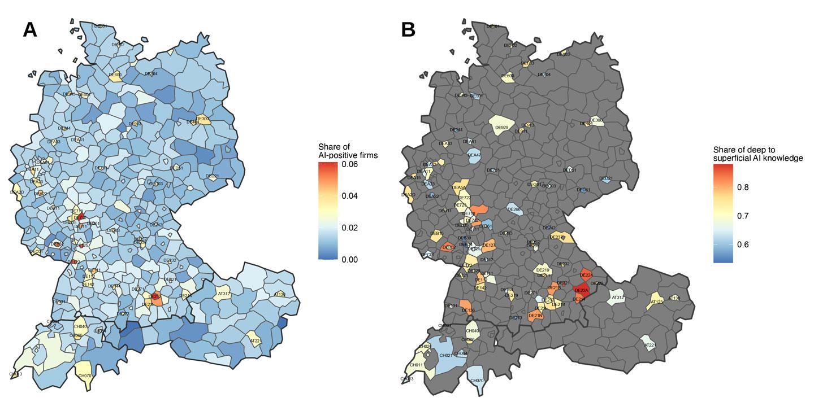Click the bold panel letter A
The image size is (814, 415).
tap(30, 30)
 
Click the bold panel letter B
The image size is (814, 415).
tap(408, 30)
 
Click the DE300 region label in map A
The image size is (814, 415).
tap(204, 119)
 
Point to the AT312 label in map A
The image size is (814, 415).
tap(224, 294)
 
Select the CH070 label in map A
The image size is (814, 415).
tap(85, 375)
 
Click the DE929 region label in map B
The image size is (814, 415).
tap(501, 128)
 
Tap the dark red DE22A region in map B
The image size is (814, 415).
tap(582, 290)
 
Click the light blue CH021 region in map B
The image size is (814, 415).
tap(446, 355)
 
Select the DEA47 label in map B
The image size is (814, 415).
tap(474, 155)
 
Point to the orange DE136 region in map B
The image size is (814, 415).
tap(467, 310)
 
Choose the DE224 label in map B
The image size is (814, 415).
tap(586, 275)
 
